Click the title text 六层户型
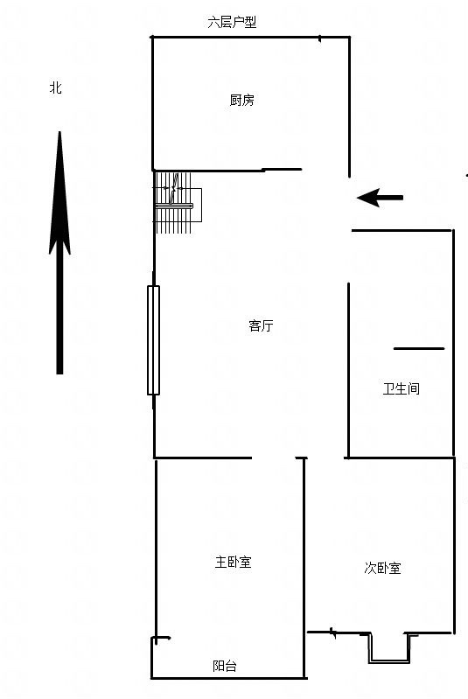pos(232,22)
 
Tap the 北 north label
pos(55,87)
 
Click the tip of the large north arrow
pos(59,131)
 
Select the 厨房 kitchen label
pos(242,100)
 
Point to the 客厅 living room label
pos(261,325)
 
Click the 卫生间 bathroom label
pos(402,388)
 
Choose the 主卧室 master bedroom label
pos(233,562)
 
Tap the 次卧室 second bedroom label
pos(382,568)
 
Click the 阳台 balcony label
pos(224,666)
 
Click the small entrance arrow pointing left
pos(380,198)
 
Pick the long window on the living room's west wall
pos(153,340)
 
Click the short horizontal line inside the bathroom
pos(419,348)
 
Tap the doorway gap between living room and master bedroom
pos(274,458)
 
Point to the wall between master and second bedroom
pos(304,569)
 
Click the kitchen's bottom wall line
pos(227,170)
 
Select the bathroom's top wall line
pos(402,230)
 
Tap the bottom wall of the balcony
pos(228,679)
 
